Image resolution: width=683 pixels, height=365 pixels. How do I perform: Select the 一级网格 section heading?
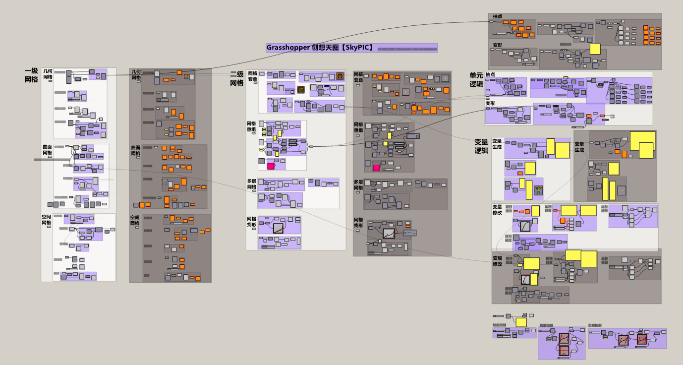point(31,75)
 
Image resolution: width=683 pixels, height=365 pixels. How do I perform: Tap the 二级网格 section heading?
point(236,78)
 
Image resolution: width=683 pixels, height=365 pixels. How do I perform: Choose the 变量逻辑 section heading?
point(481,146)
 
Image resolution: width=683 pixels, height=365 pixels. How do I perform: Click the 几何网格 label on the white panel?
point(48,74)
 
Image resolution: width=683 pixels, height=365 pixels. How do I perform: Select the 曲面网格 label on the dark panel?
point(136,150)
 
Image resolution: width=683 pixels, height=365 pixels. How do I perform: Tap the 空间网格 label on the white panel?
point(47,220)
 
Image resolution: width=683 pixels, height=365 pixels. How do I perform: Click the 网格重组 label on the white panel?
point(252,126)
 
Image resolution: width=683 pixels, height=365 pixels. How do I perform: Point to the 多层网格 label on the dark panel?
point(358,184)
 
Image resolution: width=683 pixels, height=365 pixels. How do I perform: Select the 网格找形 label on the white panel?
point(252,222)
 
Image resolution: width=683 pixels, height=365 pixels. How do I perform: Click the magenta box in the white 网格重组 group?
point(271,166)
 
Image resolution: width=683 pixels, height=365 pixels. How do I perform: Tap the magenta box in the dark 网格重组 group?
point(377,168)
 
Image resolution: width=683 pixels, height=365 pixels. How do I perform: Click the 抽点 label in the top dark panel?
point(498,16)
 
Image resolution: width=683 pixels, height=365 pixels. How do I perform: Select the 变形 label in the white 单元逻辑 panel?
point(490,104)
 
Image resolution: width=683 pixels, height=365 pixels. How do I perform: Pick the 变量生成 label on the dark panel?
point(579,147)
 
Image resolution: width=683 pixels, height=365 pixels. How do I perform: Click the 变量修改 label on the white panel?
point(497,209)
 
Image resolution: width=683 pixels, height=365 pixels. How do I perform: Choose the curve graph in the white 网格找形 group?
point(278,228)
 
